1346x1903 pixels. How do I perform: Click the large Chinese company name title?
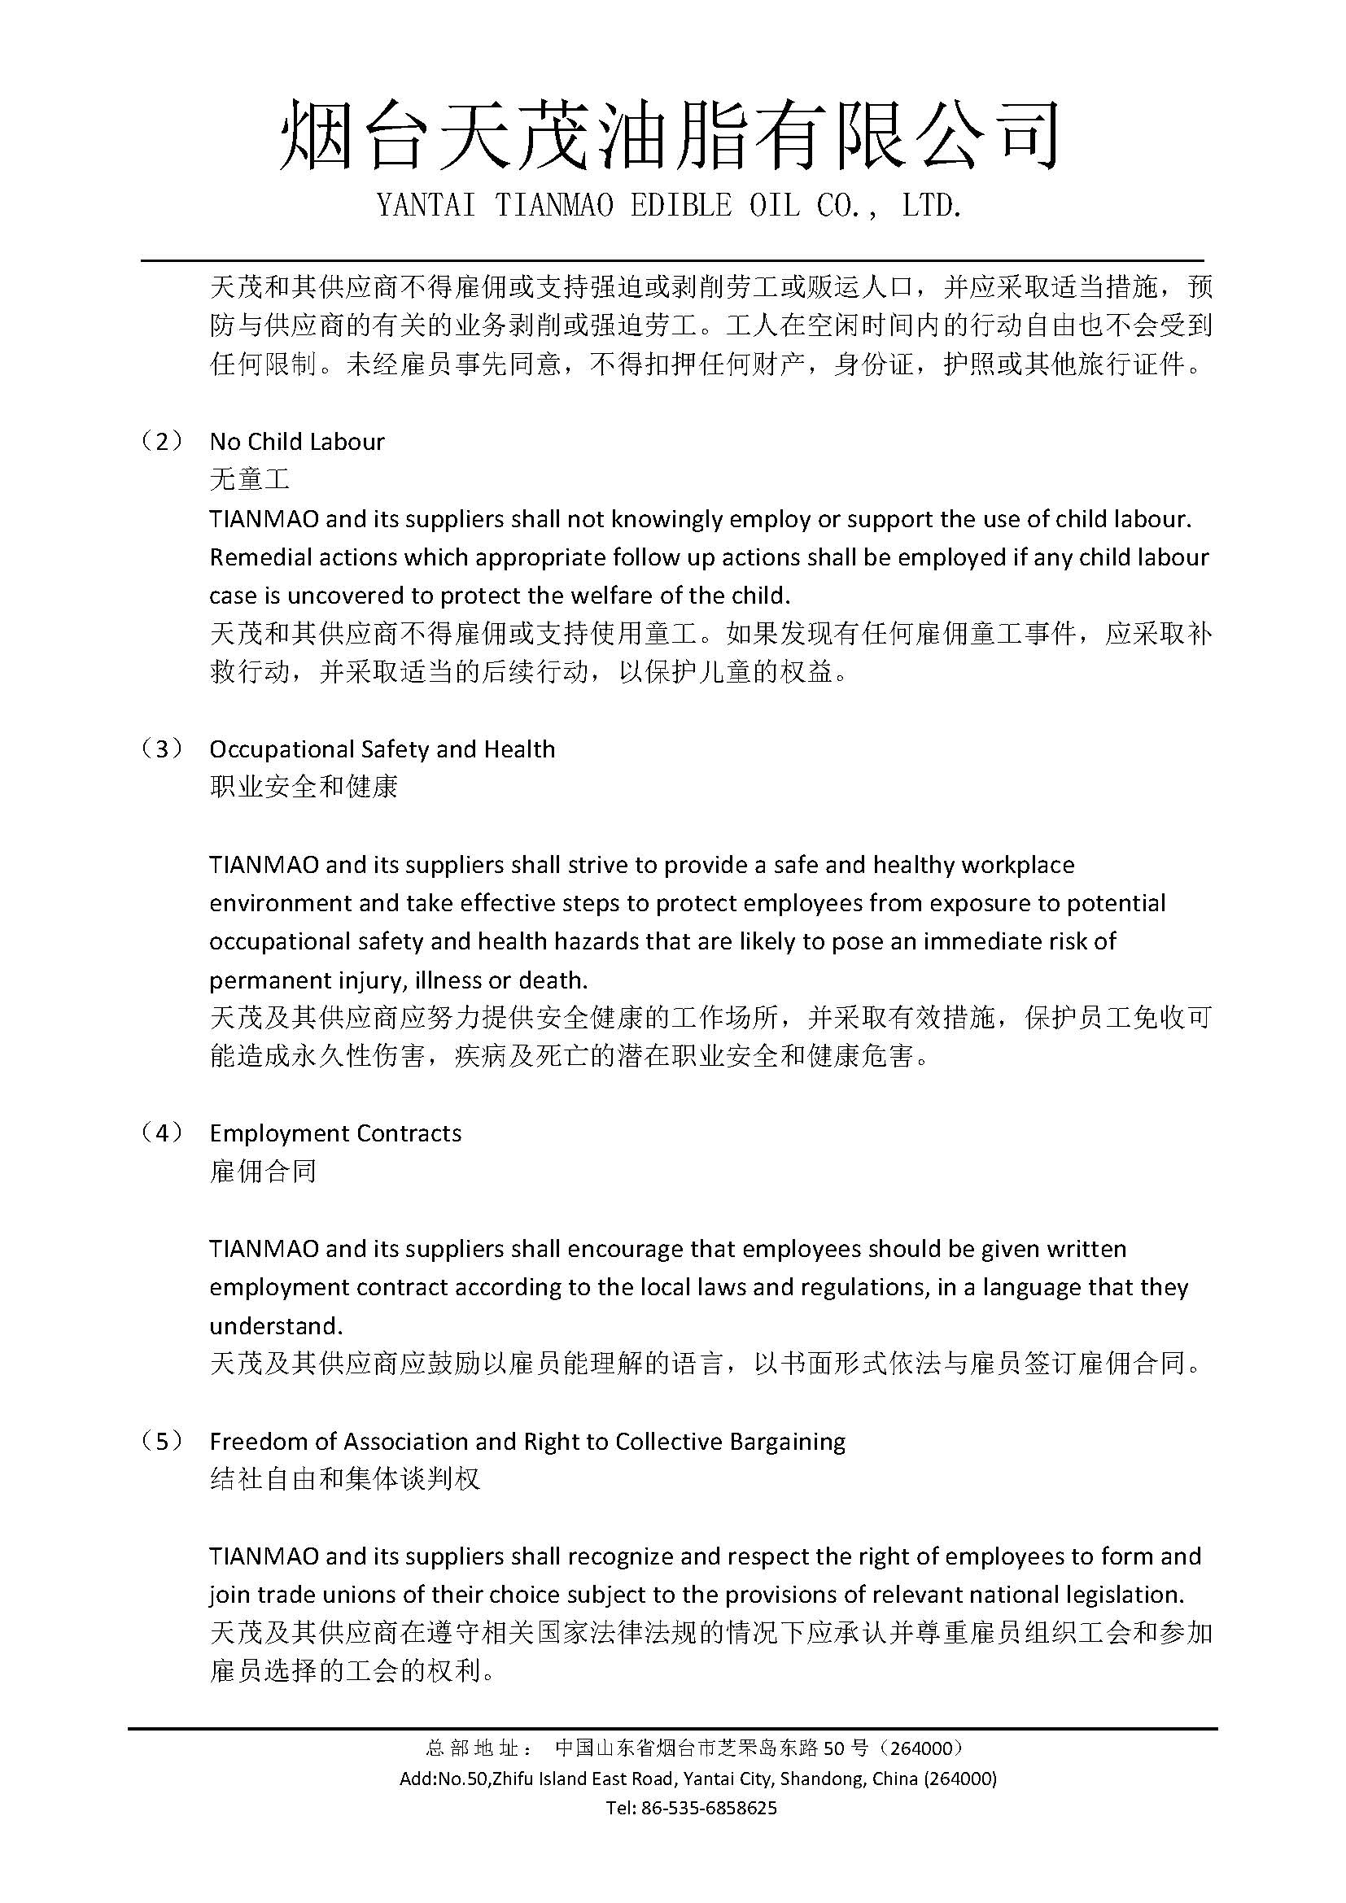click(x=670, y=136)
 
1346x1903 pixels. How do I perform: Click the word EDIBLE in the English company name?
click(x=680, y=207)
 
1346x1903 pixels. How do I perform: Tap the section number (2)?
click(x=163, y=441)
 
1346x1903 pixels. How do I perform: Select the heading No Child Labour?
click(x=297, y=442)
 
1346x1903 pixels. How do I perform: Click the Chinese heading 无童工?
click(x=250, y=479)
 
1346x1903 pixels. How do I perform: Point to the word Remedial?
click(x=257, y=557)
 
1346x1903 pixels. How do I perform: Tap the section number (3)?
click(x=163, y=749)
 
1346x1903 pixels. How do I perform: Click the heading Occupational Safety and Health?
click(x=382, y=749)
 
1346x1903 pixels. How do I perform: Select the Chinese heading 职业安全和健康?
click(x=304, y=787)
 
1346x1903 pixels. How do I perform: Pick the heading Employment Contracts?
click(x=334, y=1133)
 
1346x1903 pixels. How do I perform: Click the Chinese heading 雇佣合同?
click(x=263, y=1171)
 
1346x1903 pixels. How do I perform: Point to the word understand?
click(x=275, y=1326)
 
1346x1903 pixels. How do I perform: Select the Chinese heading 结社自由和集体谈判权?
click(x=345, y=1479)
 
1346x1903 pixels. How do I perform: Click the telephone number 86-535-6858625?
click(x=709, y=1808)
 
